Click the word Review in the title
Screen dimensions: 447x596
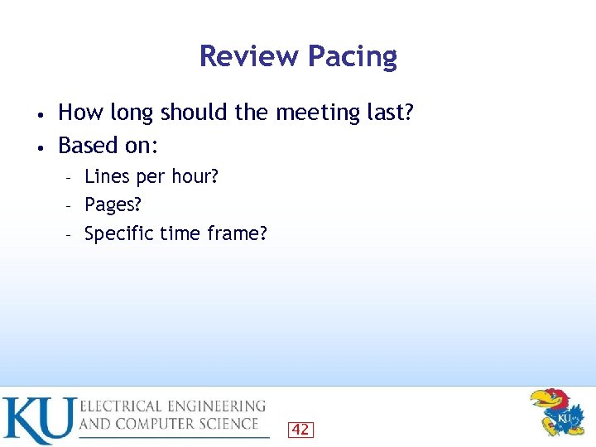(249, 56)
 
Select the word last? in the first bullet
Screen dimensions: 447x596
(390, 111)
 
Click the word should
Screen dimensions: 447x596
(191, 111)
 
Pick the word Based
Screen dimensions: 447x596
(88, 146)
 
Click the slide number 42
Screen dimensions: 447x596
(300, 429)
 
